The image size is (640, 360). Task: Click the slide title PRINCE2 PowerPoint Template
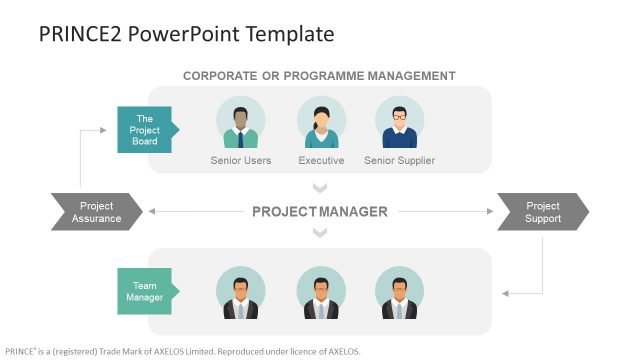[186, 34]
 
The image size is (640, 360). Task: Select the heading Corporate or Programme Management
[319, 76]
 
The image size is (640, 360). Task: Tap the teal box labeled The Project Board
[146, 129]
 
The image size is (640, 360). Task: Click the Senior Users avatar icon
[240, 123]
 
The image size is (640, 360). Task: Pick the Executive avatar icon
[321, 123]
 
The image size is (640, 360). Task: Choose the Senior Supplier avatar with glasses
[399, 123]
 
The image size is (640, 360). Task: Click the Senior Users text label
[240, 160]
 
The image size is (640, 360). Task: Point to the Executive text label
[321, 160]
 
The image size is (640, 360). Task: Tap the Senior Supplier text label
[399, 160]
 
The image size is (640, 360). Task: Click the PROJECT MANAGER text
[319, 212]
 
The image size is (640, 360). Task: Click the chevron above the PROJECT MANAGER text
[320, 188]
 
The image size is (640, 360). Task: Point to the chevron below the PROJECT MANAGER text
[320, 234]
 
